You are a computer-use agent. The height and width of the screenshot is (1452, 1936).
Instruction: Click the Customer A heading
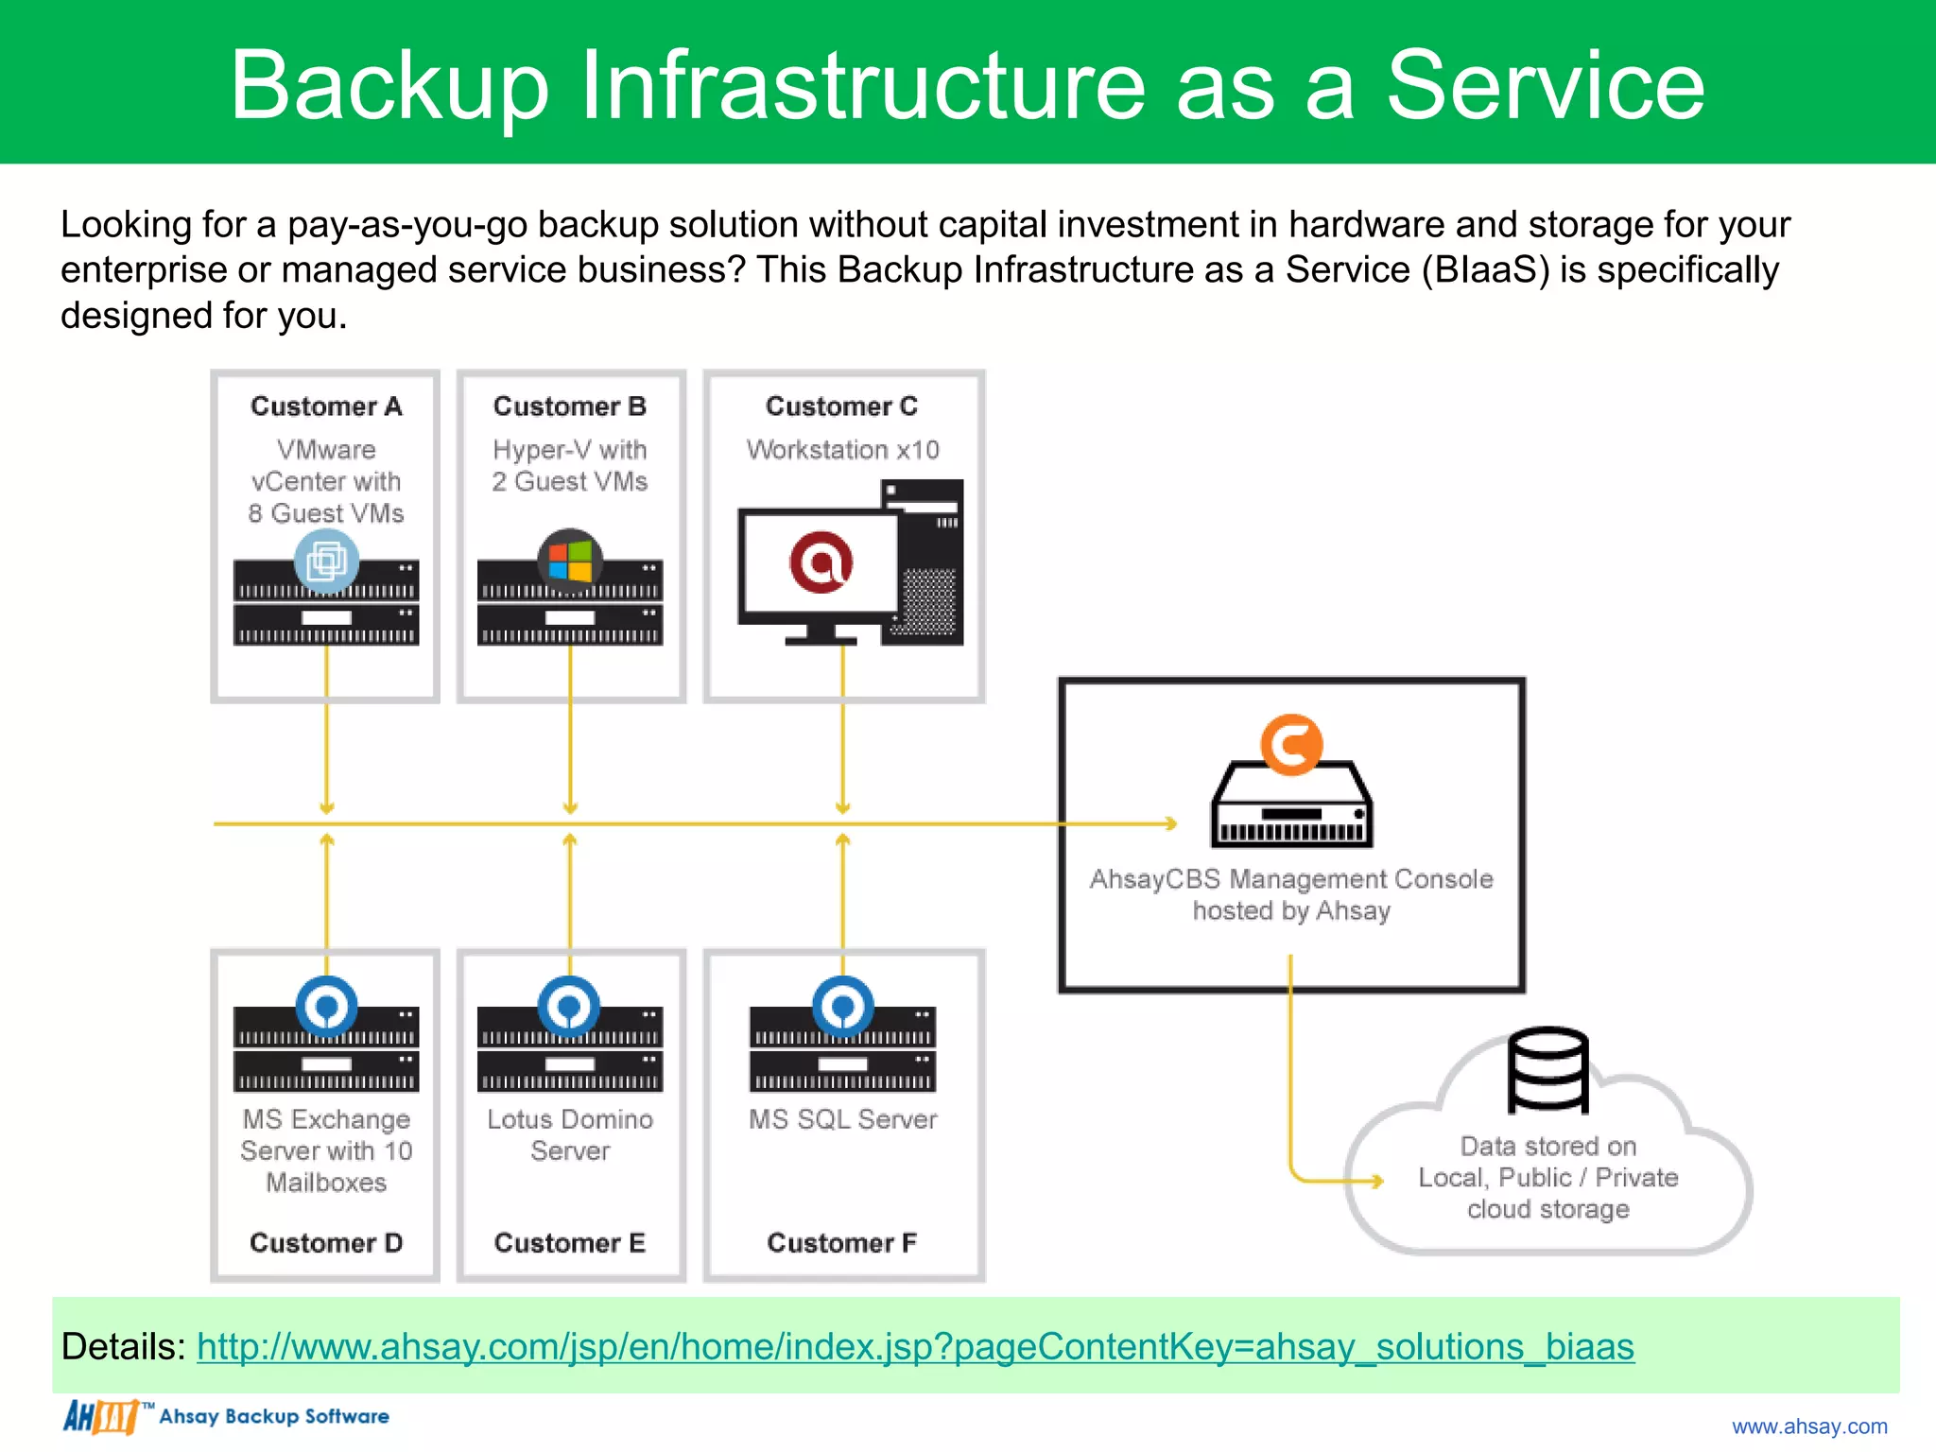(x=326, y=406)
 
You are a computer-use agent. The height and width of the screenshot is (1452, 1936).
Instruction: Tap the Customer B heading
(x=570, y=406)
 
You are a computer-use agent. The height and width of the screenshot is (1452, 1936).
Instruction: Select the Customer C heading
(x=841, y=406)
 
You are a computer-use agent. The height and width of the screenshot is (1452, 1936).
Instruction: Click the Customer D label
(x=326, y=1242)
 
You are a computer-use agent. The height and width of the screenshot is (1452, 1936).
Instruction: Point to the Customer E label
(x=570, y=1242)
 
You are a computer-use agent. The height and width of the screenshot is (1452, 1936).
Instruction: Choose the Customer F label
(x=841, y=1242)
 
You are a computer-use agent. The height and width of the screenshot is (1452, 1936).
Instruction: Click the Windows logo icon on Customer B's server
(x=570, y=561)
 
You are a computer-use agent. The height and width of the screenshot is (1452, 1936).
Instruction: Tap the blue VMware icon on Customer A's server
(x=326, y=561)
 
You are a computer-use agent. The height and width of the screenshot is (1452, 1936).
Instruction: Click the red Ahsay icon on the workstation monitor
(x=821, y=562)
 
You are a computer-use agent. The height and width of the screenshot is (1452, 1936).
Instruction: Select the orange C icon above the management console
(x=1291, y=745)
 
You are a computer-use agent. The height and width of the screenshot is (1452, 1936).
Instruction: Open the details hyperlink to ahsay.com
(x=915, y=1346)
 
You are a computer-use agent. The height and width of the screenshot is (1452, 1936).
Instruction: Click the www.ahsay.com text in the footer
(x=1808, y=1426)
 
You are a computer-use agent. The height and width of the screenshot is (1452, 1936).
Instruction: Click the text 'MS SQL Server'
(x=842, y=1119)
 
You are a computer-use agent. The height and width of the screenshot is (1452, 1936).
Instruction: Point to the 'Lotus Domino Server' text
(x=570, y=1134)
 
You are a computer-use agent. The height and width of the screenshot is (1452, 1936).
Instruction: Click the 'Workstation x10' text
(x=842, y=450)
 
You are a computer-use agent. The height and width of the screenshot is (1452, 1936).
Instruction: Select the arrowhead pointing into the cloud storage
(x=1378, y=1181)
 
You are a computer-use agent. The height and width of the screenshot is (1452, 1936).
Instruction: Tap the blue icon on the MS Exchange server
(x=326, y=1007)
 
